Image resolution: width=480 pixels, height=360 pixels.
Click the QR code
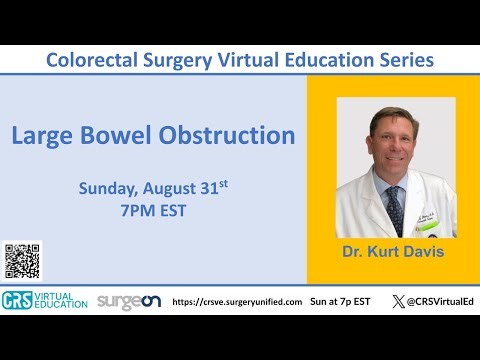click(22, 261)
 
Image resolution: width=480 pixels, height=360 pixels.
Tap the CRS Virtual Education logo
click(45, 301)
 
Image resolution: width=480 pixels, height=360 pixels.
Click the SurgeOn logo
click(128, 301)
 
